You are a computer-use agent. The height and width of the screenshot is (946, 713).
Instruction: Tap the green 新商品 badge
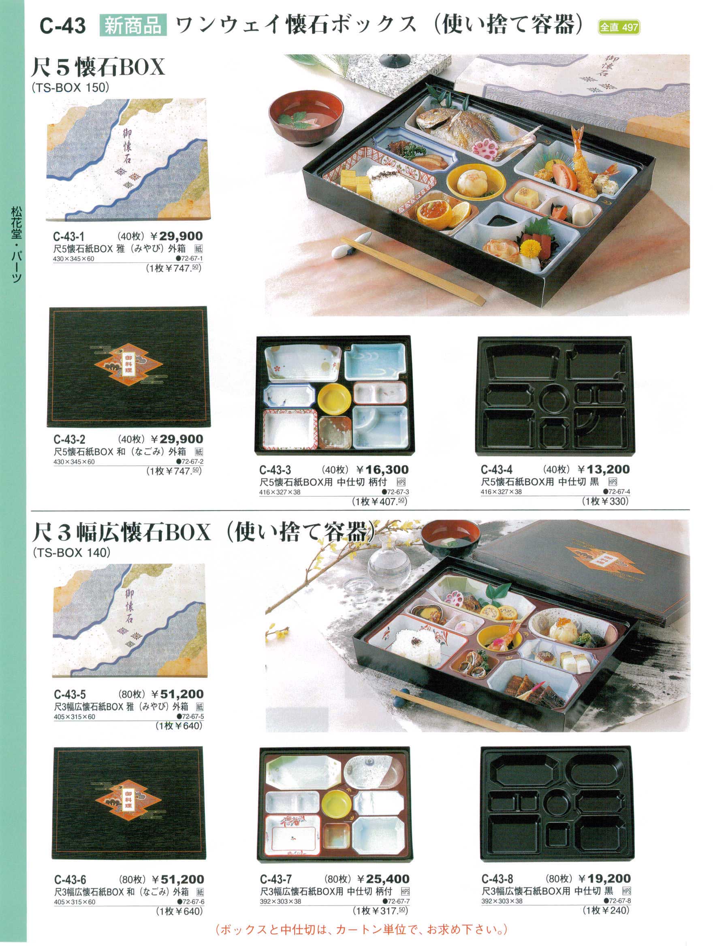(x=132, y=26)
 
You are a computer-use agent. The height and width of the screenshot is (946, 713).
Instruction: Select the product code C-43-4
(x=497, y=470)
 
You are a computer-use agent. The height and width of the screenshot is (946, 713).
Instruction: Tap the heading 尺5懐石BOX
(x=98, y=67)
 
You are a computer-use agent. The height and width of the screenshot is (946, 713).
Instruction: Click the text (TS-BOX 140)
(x=71, y=552)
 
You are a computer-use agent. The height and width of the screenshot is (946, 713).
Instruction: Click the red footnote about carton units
(x=362, y=929)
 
